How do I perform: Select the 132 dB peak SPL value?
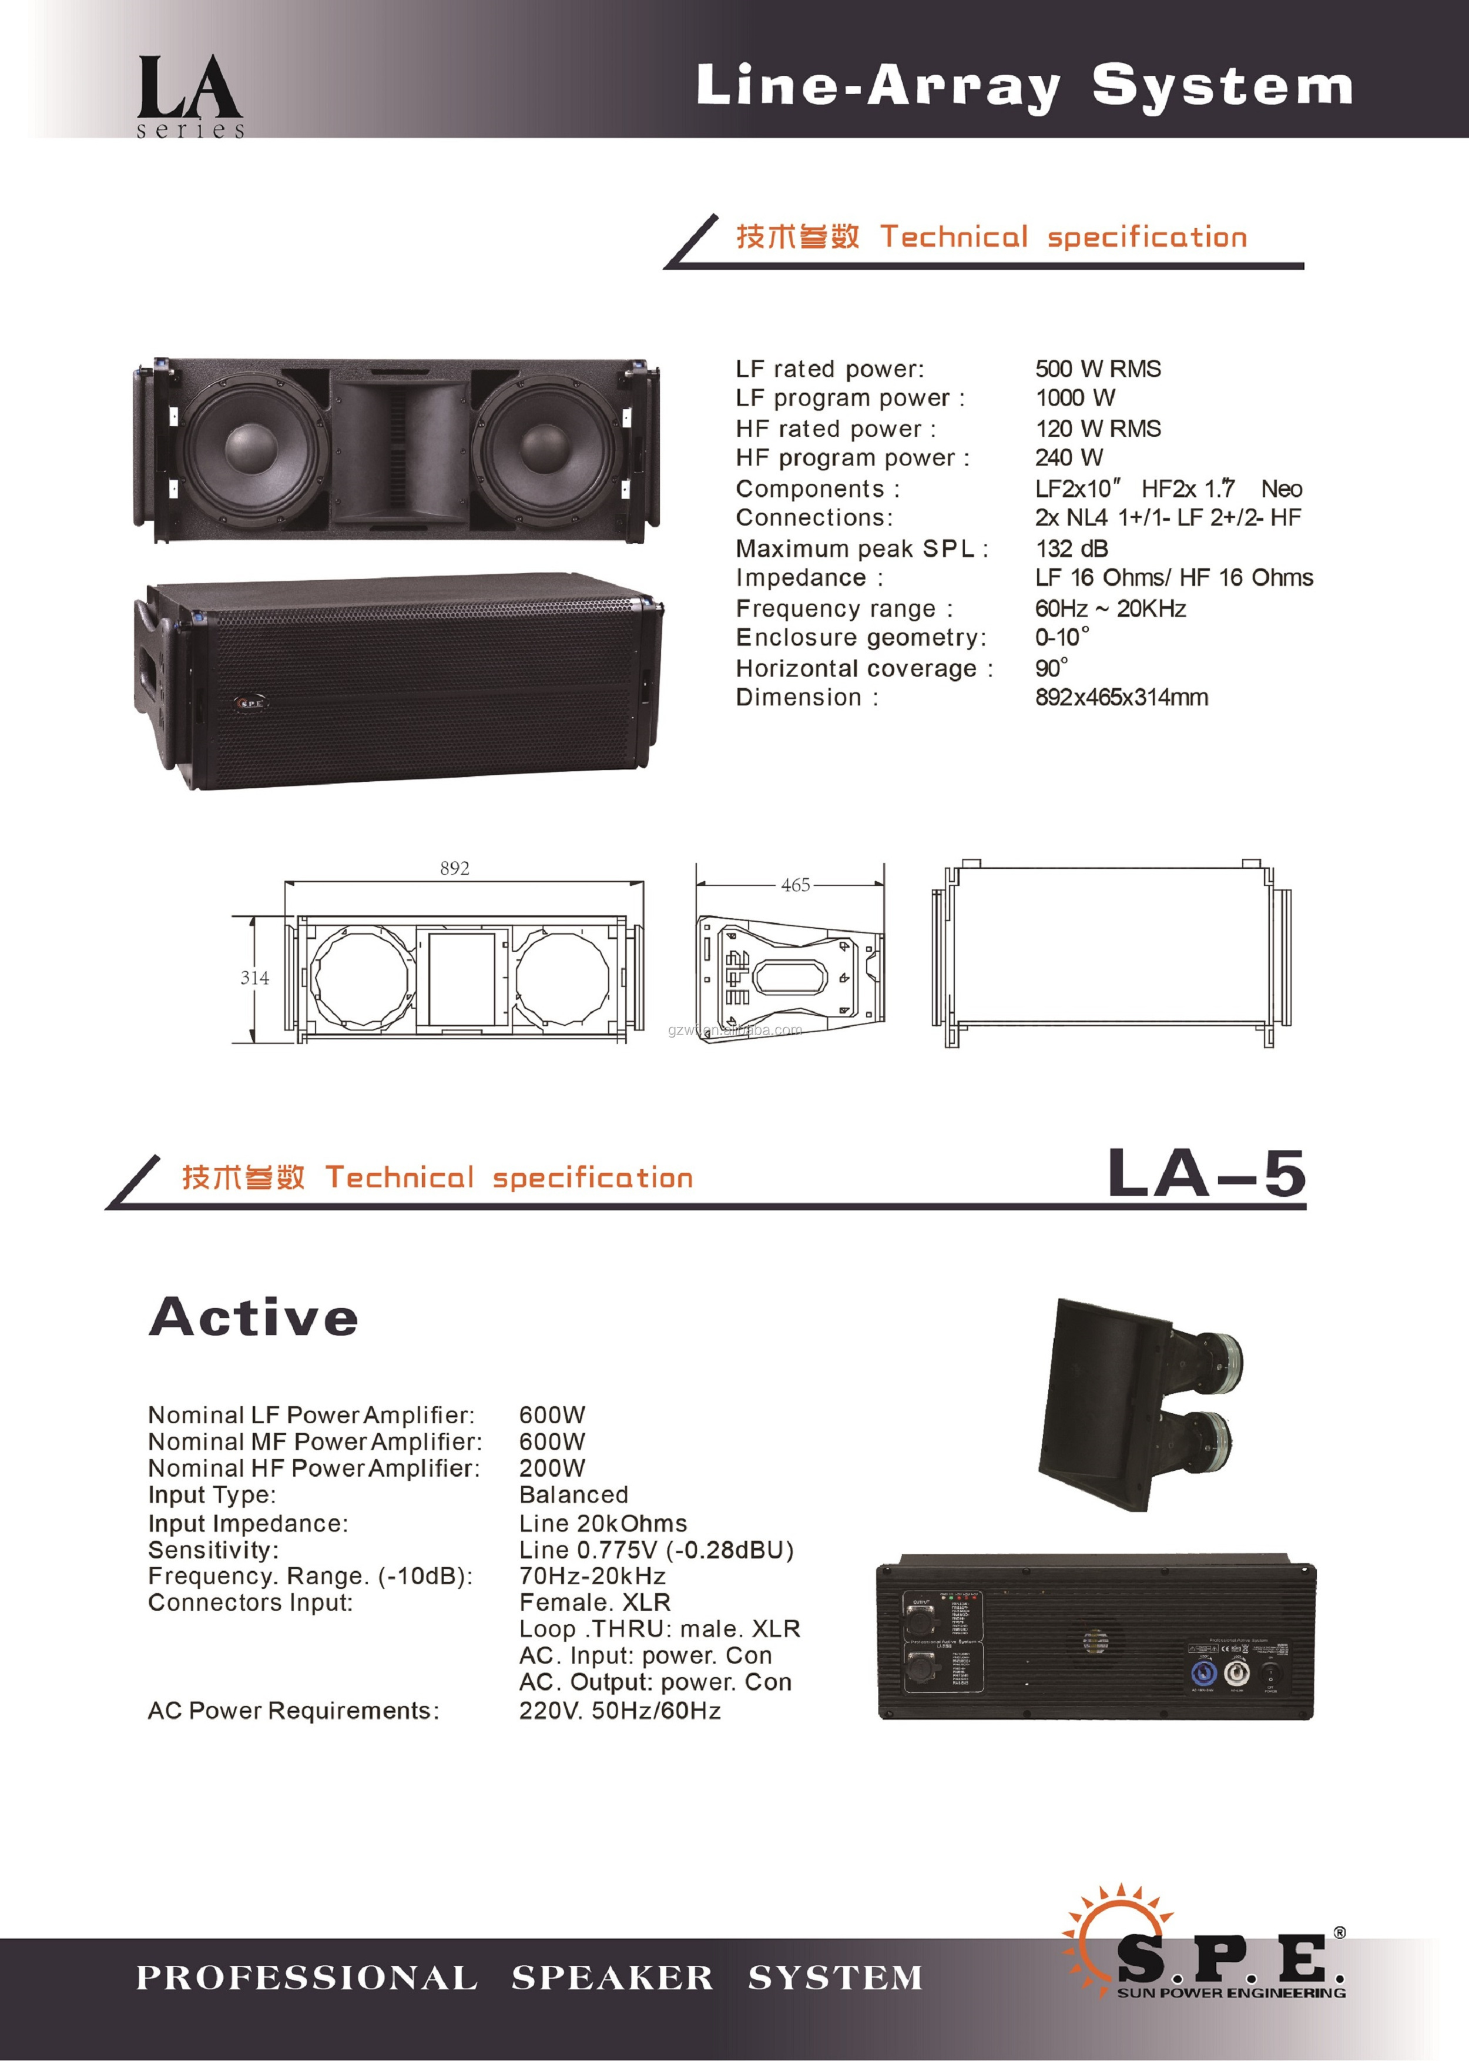coord(1071,548)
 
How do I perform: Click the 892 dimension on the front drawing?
coord(454,869)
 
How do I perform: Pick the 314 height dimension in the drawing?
coord(254,978)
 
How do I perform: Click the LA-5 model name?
coord(1207,1175)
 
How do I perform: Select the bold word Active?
coord(254,1317)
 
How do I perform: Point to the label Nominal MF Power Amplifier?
coord(315,1442)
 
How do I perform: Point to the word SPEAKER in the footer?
coord(612,1978)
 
